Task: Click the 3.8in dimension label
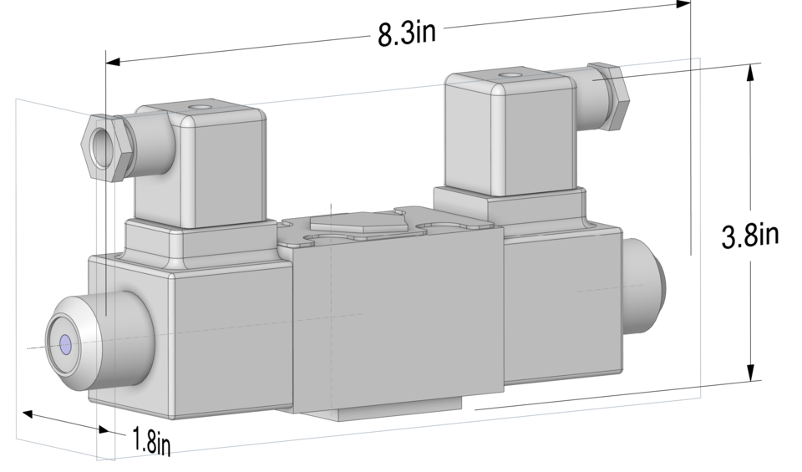pyautogui.click(x=750, y=235)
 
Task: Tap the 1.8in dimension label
pyautogui.click(x=151, y=441)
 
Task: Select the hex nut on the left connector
pyautogui.click(x=104, y=147)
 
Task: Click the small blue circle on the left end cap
pyautogui.click(x=66, y=343)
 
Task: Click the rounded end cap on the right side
pyautogui.click(x=645, y=284)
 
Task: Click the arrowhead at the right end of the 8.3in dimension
pyautogui.click(x=683, y=4)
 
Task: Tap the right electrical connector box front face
pyautogui.click(x=535, y=138)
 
